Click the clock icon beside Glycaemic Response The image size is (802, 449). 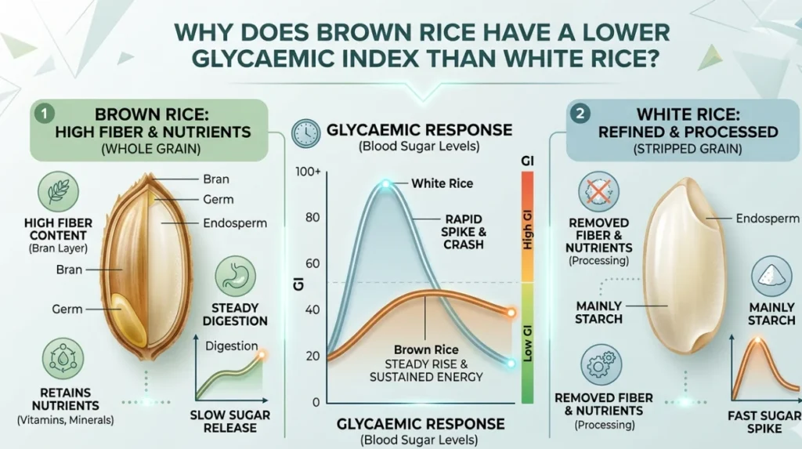tap(306, 134)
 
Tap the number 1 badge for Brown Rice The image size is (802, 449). tap(45, 113)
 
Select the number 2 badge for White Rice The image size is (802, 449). tap(580, 113)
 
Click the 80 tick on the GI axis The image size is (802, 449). tap(312, 218)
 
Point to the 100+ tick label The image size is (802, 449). tap(308, 172)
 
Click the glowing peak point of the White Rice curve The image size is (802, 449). tap(385, 184)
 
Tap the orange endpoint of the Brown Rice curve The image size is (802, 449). tap(511, 313)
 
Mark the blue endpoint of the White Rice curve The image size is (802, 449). tap(511, 364)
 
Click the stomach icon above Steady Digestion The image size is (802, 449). tap(235, 277)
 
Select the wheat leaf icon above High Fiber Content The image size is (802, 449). tap(58, 191)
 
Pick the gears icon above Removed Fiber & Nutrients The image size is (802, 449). tap(601, 364)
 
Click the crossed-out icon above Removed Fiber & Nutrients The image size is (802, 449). tap(598, 192)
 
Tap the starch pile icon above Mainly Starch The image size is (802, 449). tap(771, 277)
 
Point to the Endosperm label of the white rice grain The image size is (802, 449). tap(768, 219)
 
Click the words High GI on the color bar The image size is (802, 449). tap(527, 230)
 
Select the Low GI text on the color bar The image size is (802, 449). tap(527, 343)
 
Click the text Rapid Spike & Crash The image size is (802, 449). tap(464, 232)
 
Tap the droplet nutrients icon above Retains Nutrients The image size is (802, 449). tap(63, 358)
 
